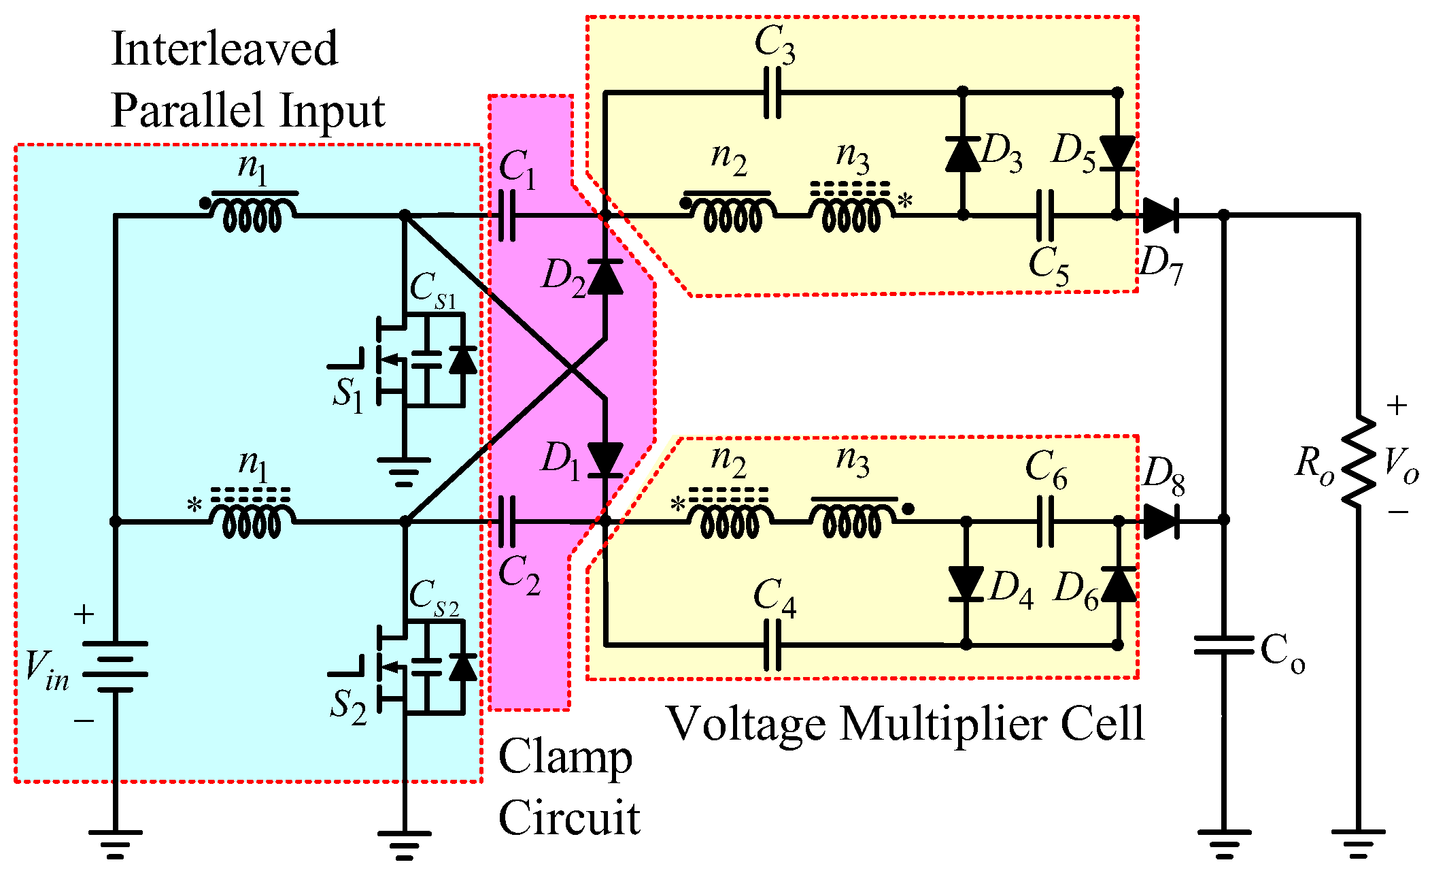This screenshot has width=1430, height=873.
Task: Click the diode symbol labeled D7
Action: tap(1160, 215)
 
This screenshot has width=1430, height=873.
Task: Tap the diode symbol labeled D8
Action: tap(1161, 521)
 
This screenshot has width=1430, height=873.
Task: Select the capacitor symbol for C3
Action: tap(772, 93)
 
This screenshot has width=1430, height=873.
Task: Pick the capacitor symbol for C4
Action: tap(772, 644)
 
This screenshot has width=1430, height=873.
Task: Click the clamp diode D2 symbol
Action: tap(605, 276)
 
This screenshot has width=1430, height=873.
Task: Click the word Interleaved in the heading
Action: tap(224, 49)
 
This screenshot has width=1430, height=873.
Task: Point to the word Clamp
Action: tap(565, 757)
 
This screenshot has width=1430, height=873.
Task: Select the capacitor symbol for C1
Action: tap(507, 215)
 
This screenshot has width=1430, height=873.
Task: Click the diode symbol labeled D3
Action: tap(963, 154)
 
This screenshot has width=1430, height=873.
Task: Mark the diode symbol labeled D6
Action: tap(1119, 584)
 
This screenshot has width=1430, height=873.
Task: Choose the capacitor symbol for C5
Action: tap(1045, 215)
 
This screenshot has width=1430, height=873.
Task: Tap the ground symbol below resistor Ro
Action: tap(1358, 842)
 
